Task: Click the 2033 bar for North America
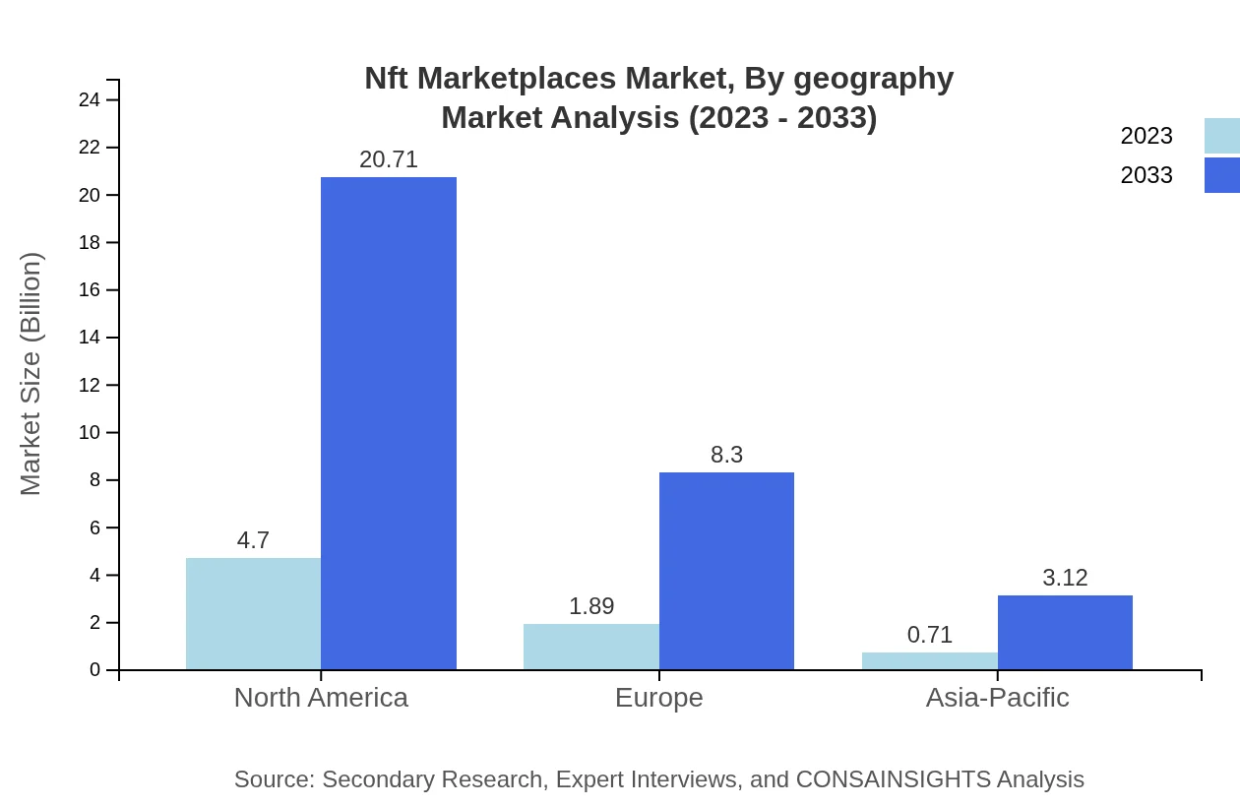click(x=389, y=423)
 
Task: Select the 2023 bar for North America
click(x=253, y=614)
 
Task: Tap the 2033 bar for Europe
click(x=726, y=571)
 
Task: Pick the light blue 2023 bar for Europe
click(x=591, y=647)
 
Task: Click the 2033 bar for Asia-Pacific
click(x=1065, y=633)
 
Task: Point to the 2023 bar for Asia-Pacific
click(x=930, y=661)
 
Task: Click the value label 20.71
click(x=389, y=159)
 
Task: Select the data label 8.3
click(x=726, y=455)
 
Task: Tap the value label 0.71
click(x=930, y=635)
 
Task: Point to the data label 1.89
click(x=591, y=606)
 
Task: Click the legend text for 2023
click(x=1147, y=136)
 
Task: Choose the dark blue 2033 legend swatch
click(x=1221, y=175)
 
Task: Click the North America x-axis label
click(x=321, y=698)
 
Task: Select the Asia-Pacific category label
click(x=997, y=698)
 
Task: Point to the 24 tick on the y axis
click(x=90, y=100)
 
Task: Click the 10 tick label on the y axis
click(x=90, y=433)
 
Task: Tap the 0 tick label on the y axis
click(x=95, y=670)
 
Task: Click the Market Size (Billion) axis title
click(x=31, y=374)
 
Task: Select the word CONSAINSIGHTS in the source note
click(x=893, y=779)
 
